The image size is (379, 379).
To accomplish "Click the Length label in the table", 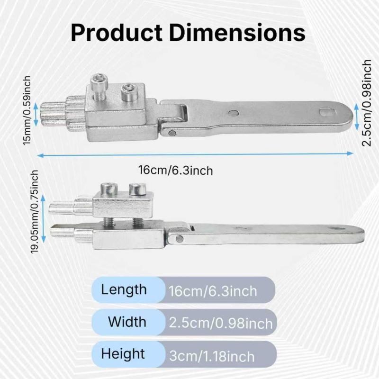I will (124, 289).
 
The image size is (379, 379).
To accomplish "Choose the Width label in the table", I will (127, 322).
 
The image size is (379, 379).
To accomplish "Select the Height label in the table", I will (123, 353).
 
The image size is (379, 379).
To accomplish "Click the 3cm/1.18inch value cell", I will (212, 356).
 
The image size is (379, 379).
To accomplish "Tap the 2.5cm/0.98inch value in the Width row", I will (221, 324).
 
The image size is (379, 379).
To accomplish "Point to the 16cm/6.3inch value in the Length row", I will (213, 291).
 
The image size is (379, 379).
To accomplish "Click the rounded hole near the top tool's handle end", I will (325, 112).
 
